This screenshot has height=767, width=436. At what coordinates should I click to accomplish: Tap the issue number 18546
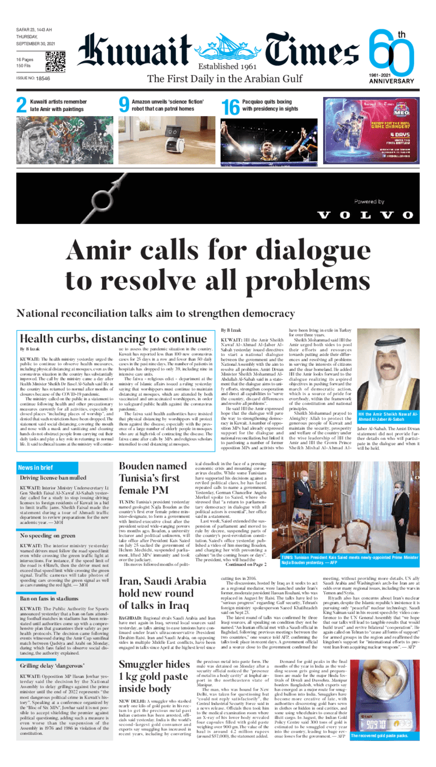pos(43,79)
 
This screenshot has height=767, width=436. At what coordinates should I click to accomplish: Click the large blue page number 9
pos(124,105)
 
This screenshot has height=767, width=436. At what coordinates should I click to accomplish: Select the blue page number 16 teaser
pos(231,106)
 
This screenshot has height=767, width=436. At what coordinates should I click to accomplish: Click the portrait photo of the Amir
pos(388,361)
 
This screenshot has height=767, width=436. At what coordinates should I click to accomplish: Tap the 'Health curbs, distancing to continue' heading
pos(112,339)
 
